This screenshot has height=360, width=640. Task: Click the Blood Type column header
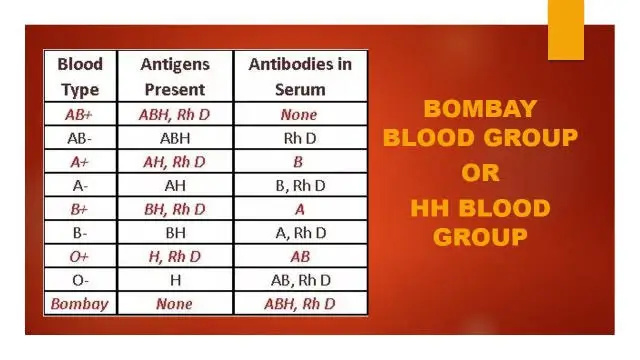coord(80,75)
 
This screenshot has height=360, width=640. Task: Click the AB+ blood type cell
coord(80,114)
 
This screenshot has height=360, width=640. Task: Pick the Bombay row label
coord(80,303)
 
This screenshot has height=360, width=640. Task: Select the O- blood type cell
coord(80,279)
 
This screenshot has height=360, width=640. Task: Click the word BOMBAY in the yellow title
coord(480,109)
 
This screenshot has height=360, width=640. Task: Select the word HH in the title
coord(432,209)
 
